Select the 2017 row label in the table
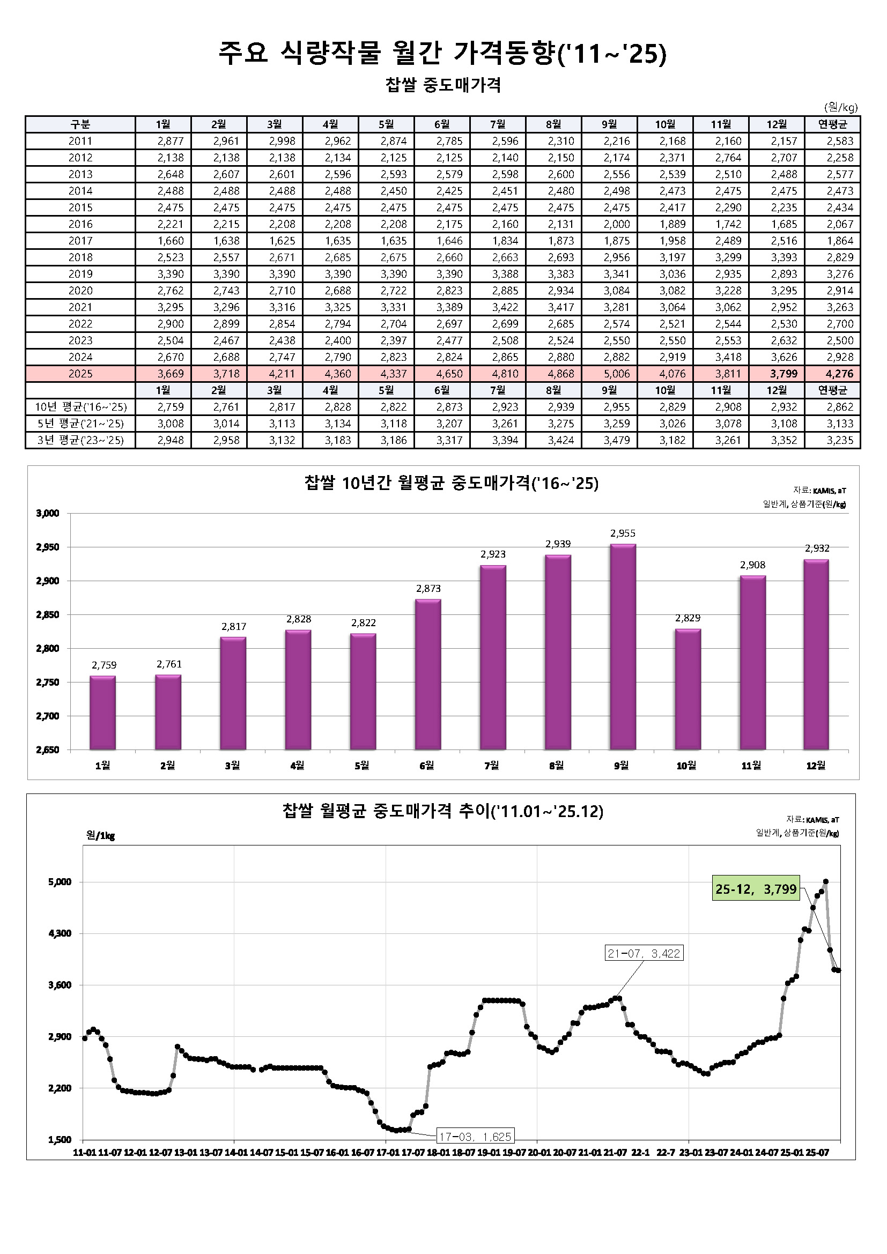pos(80,241)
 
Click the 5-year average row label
pos(80,424)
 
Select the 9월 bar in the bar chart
pos(623,647)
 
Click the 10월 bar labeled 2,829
pos(688,689)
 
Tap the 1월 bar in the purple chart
pos(102,713)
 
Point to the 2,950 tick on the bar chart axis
pos(48,547)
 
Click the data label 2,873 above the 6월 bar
pos(428,589)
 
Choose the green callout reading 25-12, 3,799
pos(756,889)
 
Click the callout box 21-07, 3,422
pos(644,954)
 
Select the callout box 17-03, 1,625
pos(475,1137)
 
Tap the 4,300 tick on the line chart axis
pos(60,933)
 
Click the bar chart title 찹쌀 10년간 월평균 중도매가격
pos(451,484)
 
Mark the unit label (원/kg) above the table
pos(840,108)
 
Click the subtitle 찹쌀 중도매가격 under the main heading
pos(443,85)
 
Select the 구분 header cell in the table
pos(80,124)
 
